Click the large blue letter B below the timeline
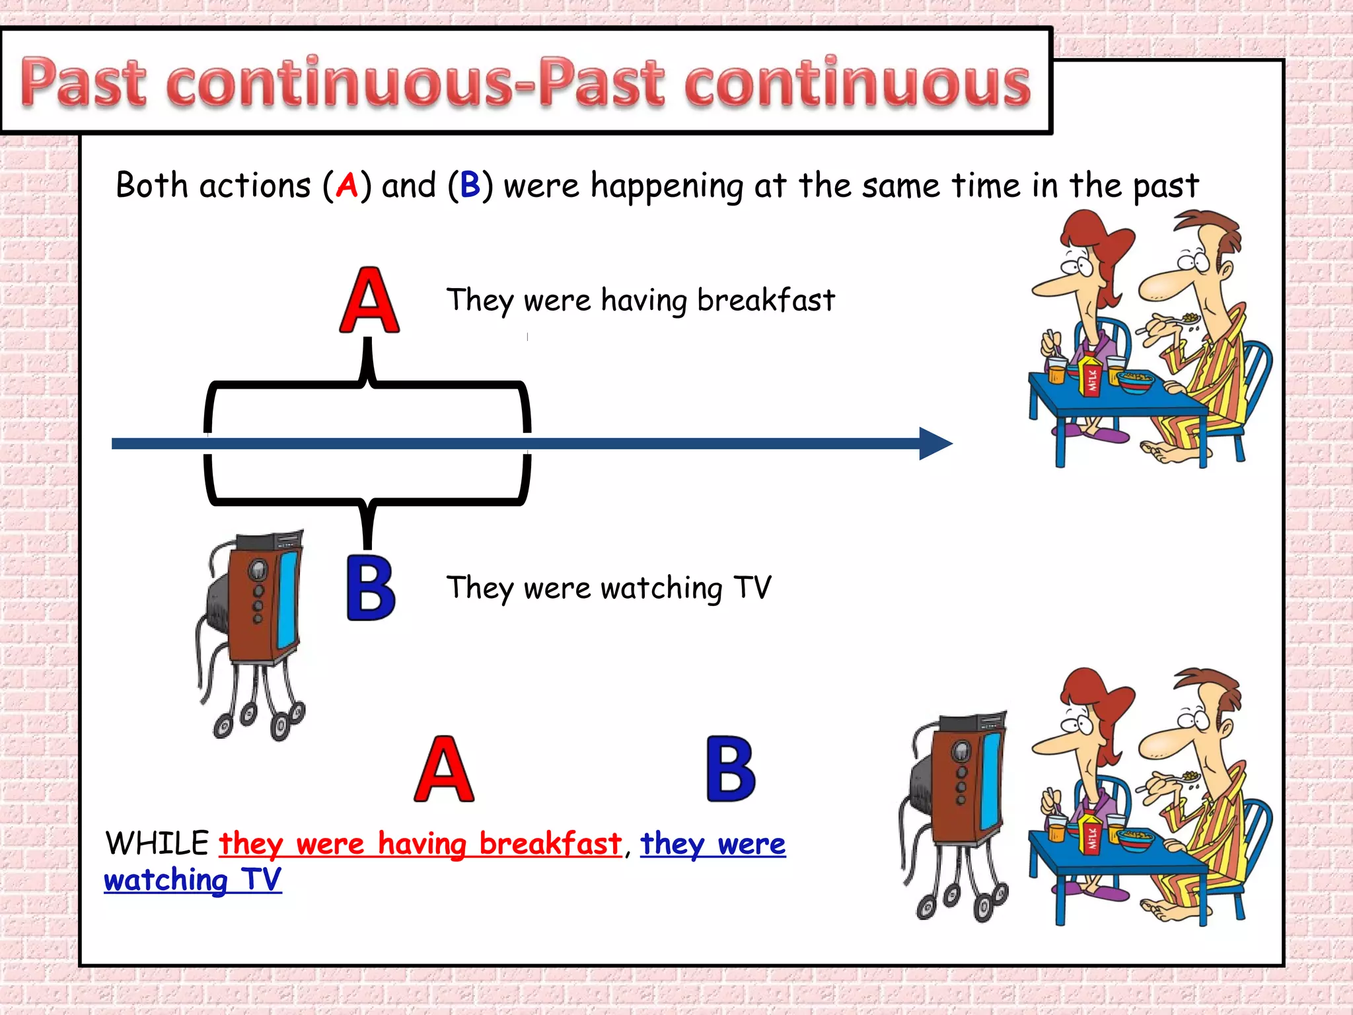(371, 587)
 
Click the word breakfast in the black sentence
(766, 300)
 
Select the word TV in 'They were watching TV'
(752, 587)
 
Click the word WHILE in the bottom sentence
(157, 843)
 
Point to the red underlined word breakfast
(550, 844)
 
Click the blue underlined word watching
(166, 880)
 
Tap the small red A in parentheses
(347, 185)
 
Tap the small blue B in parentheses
(470, 185)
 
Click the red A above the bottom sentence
(444, 769)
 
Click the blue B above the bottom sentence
(731, 769)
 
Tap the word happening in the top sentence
(667, 186)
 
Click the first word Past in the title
(83, 83)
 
